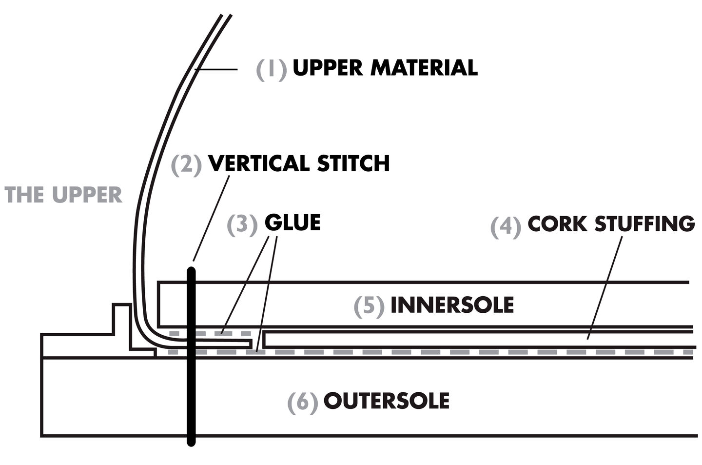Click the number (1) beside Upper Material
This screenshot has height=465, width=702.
click(x=271, y=69)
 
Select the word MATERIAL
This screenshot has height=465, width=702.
click(x=424, y=68)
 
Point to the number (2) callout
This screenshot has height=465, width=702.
click(x=186, y=164)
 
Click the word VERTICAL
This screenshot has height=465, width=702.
click(x=259, y=163)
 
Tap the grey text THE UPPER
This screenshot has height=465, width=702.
click(x=63, y=195)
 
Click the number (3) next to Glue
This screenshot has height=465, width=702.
click(x=242, y=224)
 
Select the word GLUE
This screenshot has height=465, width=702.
click(x=292, y=222)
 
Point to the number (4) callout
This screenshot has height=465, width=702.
click(x=505, y=226)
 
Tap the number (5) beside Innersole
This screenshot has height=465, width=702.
click(x=369, y=306)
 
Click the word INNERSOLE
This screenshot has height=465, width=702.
click(x=452, y=305)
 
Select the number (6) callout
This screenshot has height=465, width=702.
click(x=302, y=402)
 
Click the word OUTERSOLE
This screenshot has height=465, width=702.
click(x=386, y=401)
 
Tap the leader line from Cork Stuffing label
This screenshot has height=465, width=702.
click(x=604, y=288)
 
